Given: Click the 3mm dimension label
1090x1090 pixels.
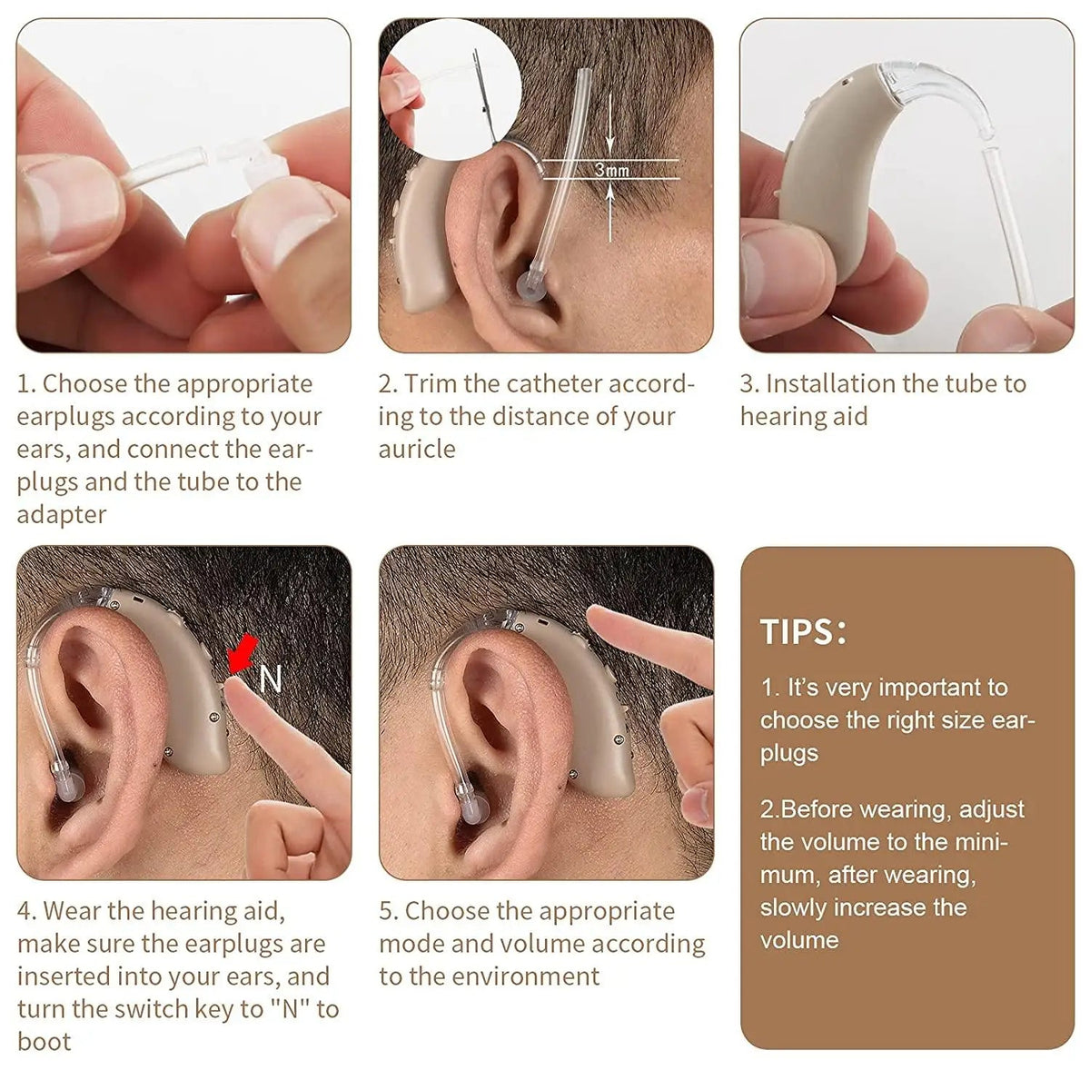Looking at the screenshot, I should tap(612, 170).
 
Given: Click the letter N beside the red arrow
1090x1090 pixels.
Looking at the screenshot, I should tap(271, 679).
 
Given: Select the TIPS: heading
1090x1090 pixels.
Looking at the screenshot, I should tap(803, 632).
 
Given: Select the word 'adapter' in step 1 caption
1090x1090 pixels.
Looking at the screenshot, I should tap(62, 515).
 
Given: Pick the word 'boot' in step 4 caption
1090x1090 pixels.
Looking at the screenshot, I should tap(44, 1042).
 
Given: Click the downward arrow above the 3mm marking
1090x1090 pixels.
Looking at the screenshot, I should tap(610, 144).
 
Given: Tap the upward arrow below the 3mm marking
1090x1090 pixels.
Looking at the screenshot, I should tap(610, 195).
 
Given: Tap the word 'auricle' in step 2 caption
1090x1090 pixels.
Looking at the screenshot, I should tap(417, 450).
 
